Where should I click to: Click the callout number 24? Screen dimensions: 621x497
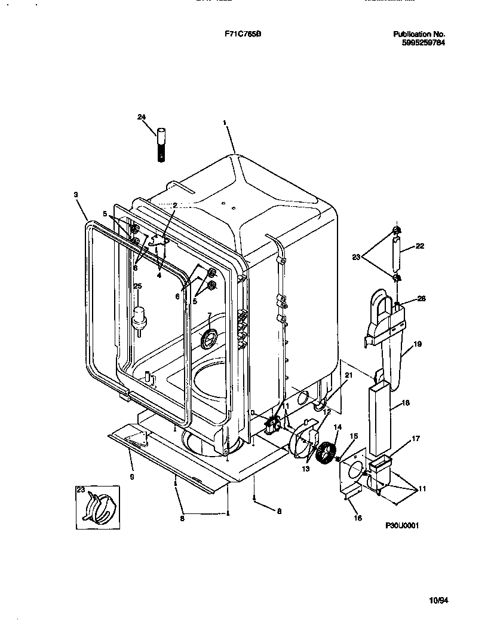(x=142, y=117)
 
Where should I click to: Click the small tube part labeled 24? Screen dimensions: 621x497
(x=160, y=143)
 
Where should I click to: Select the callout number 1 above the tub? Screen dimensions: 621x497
(x=225, y=123)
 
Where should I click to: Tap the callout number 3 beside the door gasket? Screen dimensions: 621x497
(x=76, y=194)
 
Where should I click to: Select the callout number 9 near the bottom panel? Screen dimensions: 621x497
(x=131, y=476)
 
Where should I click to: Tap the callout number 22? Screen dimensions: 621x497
(x=420, y=246)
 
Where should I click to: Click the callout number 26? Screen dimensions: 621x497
(x=422, y=298)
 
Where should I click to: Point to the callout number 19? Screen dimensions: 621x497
(x=418, y=344)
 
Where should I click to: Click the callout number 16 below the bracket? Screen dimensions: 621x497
(x=358, y=518)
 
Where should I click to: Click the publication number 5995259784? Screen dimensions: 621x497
(x=423, y=42)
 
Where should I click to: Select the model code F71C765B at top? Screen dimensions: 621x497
(x=238, y=34)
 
